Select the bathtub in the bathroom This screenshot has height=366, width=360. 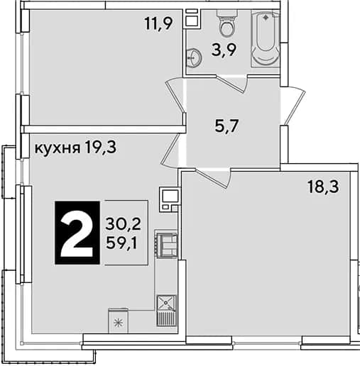pyautogui.click(x=266, y=40)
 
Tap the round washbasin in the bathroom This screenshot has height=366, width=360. pyautogui.click(x=194, y=57)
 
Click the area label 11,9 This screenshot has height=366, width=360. pyautogui.click(x=158, y=24)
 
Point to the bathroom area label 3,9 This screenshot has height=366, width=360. pyautogui.click(x=224, y=50)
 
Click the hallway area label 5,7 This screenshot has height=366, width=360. pyautogui.click(x=227, y=126)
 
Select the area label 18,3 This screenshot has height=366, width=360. pyautogui.click(x=323, y=187)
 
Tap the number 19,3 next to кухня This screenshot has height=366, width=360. pyautogui.click(x=101, y=147)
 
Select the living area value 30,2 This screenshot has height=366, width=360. pyautogui.click(x=123, y=224)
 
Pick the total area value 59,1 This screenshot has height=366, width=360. pyautogui.click(x=121, y=243)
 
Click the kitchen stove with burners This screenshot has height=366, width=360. pyautogui.click(x=166, y=245)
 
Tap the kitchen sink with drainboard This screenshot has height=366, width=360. pyautogui.click(x=166, y=311)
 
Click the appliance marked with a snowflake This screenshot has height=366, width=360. pyautogui.click(x=118, y=321)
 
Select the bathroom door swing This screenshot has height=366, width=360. pyautogui.click(x=232, y=84)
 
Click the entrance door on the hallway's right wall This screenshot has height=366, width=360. pyautogui.click(x=293, y=105)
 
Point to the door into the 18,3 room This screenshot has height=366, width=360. pyautogui.click(x=213, y=178)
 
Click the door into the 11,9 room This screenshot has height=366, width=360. pyautogui.click(x=175, y=96)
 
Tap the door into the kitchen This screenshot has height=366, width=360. pyautogui.click(x=170, y=150)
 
